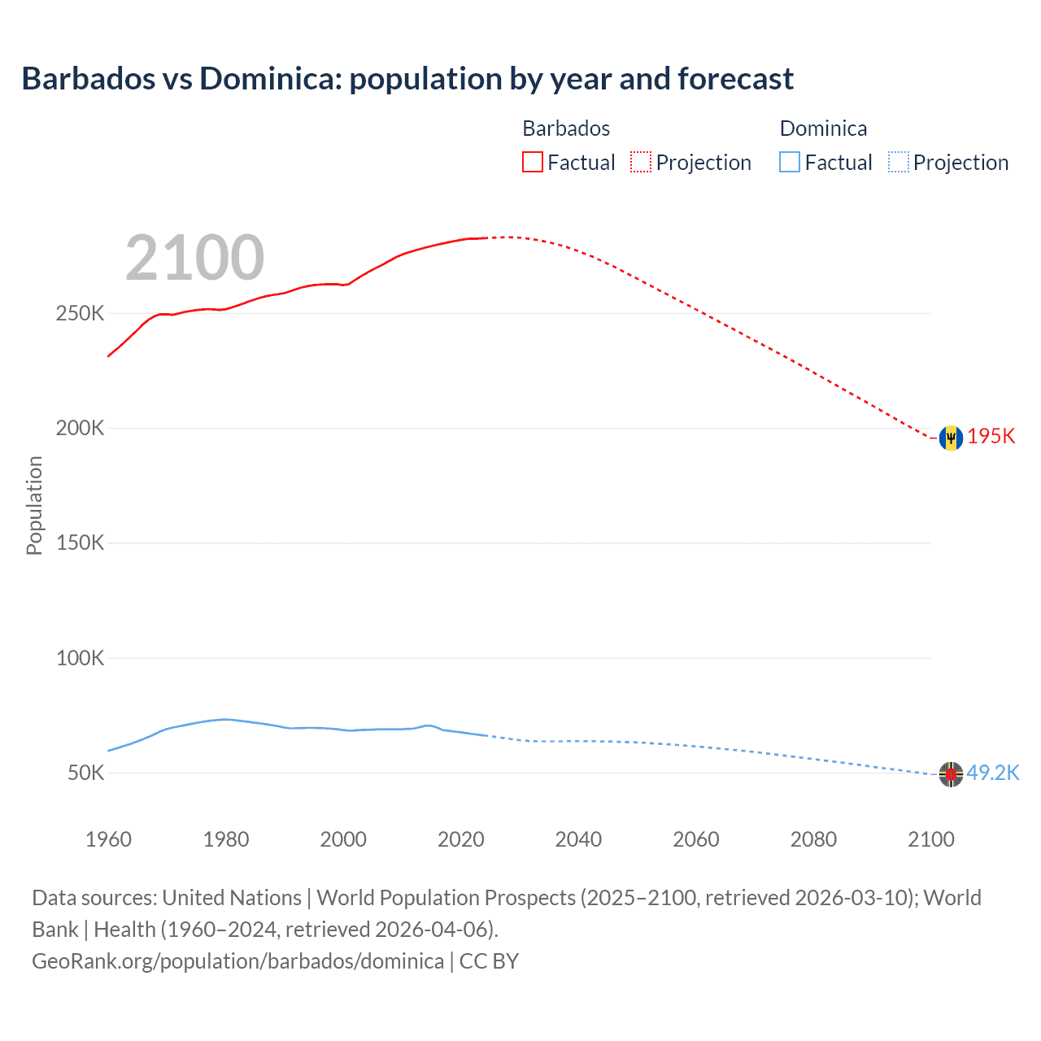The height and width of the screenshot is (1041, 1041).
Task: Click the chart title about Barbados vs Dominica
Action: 407,79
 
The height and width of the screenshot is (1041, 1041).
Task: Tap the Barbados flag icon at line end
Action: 950,438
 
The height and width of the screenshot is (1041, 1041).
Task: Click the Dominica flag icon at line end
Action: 950,774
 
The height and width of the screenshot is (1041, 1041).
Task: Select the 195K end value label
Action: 991,437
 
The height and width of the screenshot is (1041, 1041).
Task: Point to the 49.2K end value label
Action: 993,773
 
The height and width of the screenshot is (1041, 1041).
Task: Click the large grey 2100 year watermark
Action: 194,258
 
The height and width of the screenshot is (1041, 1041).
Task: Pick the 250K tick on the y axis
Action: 80,313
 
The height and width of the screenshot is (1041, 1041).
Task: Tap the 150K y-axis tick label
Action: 80,542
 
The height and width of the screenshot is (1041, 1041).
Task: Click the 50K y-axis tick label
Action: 85,773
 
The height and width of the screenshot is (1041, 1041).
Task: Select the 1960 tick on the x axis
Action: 108,839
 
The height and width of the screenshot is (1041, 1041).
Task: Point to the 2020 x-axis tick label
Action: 460,839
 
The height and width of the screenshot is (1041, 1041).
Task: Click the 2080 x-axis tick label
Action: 813,839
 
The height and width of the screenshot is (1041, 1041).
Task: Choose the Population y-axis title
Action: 34,505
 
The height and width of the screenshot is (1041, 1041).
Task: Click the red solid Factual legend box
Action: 533,163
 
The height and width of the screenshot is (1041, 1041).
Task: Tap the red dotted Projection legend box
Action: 641,163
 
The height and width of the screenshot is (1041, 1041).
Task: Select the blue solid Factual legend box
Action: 790,163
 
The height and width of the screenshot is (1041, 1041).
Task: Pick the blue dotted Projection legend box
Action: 898,163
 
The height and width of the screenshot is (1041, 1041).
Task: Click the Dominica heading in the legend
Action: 823,128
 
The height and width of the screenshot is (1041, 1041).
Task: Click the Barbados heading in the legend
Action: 566,128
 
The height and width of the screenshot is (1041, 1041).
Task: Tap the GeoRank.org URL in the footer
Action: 237,961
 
